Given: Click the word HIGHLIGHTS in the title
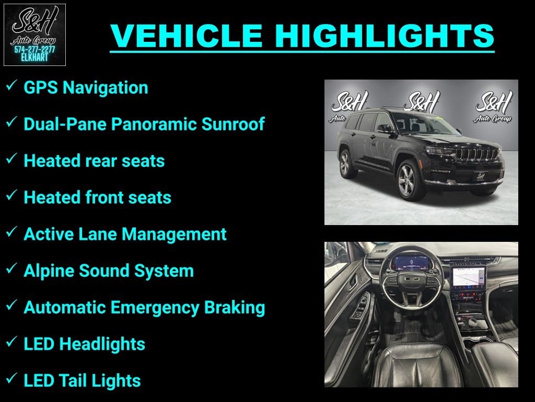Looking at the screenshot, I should tap(385, 36).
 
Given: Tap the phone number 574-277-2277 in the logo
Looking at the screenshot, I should tap(34, 49).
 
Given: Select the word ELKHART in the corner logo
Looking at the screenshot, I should tap(34, 58).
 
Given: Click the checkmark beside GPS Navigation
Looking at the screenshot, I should tap(11, 86).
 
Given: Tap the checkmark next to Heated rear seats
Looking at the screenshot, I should tap(11, 159).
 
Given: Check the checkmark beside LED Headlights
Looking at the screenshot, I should tap(11, 342).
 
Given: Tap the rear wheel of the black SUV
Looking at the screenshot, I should tap(345, 163).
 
